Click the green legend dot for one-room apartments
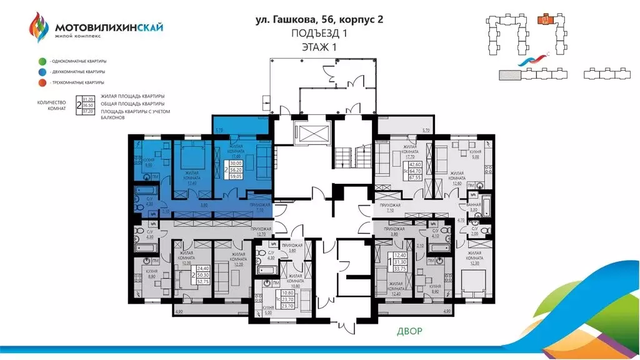(x=41, y=61)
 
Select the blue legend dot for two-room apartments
(x=41, y=72)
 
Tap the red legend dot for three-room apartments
(x=41, y=82)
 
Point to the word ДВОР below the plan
(x=409, y=331)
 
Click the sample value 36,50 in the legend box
(x=88, y=106)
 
